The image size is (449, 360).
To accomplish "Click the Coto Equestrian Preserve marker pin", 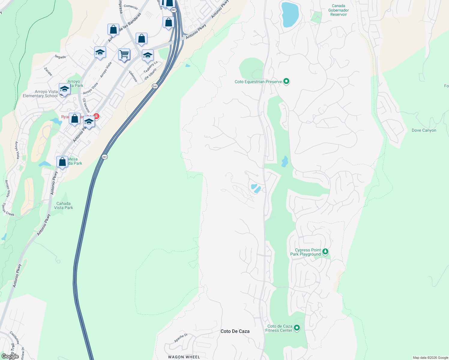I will [x=286, y=81].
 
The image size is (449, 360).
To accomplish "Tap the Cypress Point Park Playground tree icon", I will [x=325, y=252].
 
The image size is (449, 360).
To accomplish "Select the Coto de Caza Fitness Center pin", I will [x=297, y=328].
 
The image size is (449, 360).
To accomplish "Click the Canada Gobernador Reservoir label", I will [x=338, y=10].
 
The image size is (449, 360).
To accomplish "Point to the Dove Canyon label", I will [x=424, y=130].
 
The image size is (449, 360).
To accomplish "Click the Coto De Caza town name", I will [x=235, y=331].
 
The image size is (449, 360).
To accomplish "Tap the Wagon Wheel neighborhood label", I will [x=184, y=357].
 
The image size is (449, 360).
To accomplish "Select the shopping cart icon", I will [x=124, y=55].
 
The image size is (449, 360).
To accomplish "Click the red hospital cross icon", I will [x=96, y=116].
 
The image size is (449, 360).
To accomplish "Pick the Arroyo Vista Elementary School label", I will [x=40, y=94].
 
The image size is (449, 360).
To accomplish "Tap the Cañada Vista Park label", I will [x=63, y=205].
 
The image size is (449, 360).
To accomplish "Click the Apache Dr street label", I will [x=181, y=338].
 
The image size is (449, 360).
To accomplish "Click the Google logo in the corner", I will [x=10, y=356].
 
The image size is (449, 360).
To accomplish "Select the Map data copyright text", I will [x=430, y=358].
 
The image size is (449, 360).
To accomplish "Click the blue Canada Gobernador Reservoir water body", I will [x=290, y=14].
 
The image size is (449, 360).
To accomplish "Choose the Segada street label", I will [x=60, y=57].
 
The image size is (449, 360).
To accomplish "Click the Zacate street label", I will [x=48, y=72].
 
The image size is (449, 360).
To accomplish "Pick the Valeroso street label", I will [x=133, y=76].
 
